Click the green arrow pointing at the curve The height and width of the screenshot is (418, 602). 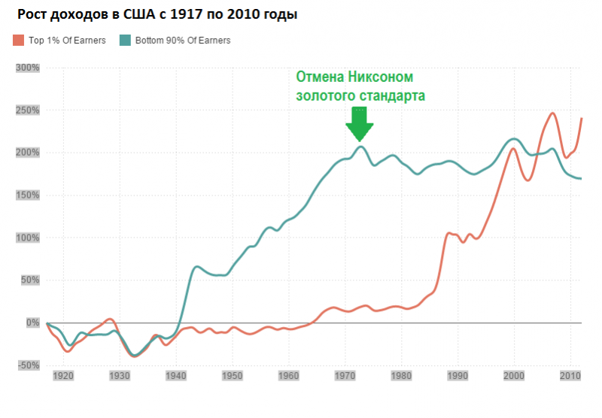[x=359, y=123]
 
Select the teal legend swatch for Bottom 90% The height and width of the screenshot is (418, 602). [x=126, y=40]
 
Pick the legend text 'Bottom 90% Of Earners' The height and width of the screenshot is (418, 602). [x=183, y=40]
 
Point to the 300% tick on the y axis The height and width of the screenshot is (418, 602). [x=28, y=68]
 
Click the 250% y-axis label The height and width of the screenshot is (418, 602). [x=28, y=111]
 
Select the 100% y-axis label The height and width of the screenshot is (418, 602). [x=28, y=238]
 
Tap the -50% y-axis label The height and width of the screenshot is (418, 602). [x=28, y=365]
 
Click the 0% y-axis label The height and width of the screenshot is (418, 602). [x=32, y=323]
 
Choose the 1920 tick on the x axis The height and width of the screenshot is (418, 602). [x=63, y=374]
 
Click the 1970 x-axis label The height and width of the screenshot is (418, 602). [x=345, y=374]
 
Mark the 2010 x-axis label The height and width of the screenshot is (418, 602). [x=570, y=374]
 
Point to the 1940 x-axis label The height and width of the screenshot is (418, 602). [x=175, y=374]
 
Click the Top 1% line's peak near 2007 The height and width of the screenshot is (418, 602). [x=553, y=114]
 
